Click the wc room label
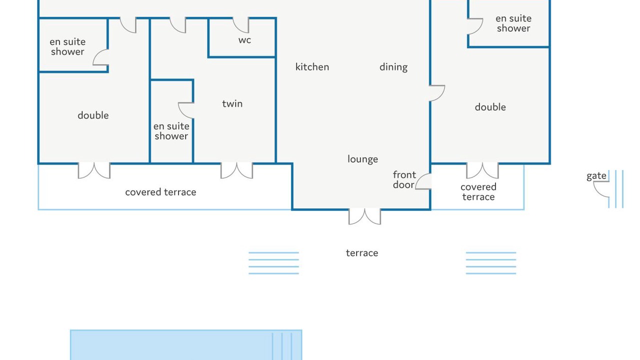point(244,40)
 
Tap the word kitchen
point(312,67)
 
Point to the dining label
point(393,67)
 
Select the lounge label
point(362,159)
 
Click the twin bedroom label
point(232,103)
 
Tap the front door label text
point(404,179)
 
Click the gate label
point(596,176)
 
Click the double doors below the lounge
point(364,217)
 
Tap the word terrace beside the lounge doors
point(362,253)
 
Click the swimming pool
point(186,345)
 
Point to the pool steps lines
point(282,346)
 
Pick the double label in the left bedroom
point(93,115)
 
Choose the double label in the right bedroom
point(490,107)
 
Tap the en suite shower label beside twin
point(171,131)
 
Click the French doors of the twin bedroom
point(236,171)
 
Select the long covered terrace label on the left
point(160,192)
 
